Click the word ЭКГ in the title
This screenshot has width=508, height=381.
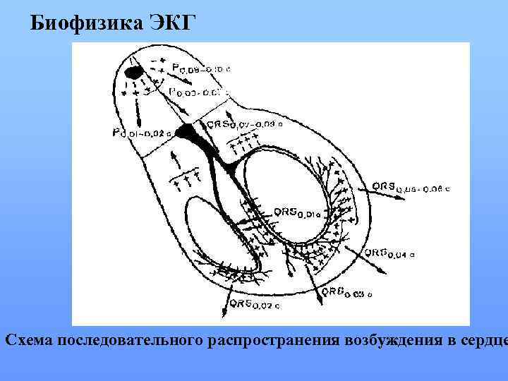click(x=169, y=23)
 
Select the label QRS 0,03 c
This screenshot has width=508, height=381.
click(x=346, y=291)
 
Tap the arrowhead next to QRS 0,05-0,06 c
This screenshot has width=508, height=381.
click(x=404, y=199)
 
